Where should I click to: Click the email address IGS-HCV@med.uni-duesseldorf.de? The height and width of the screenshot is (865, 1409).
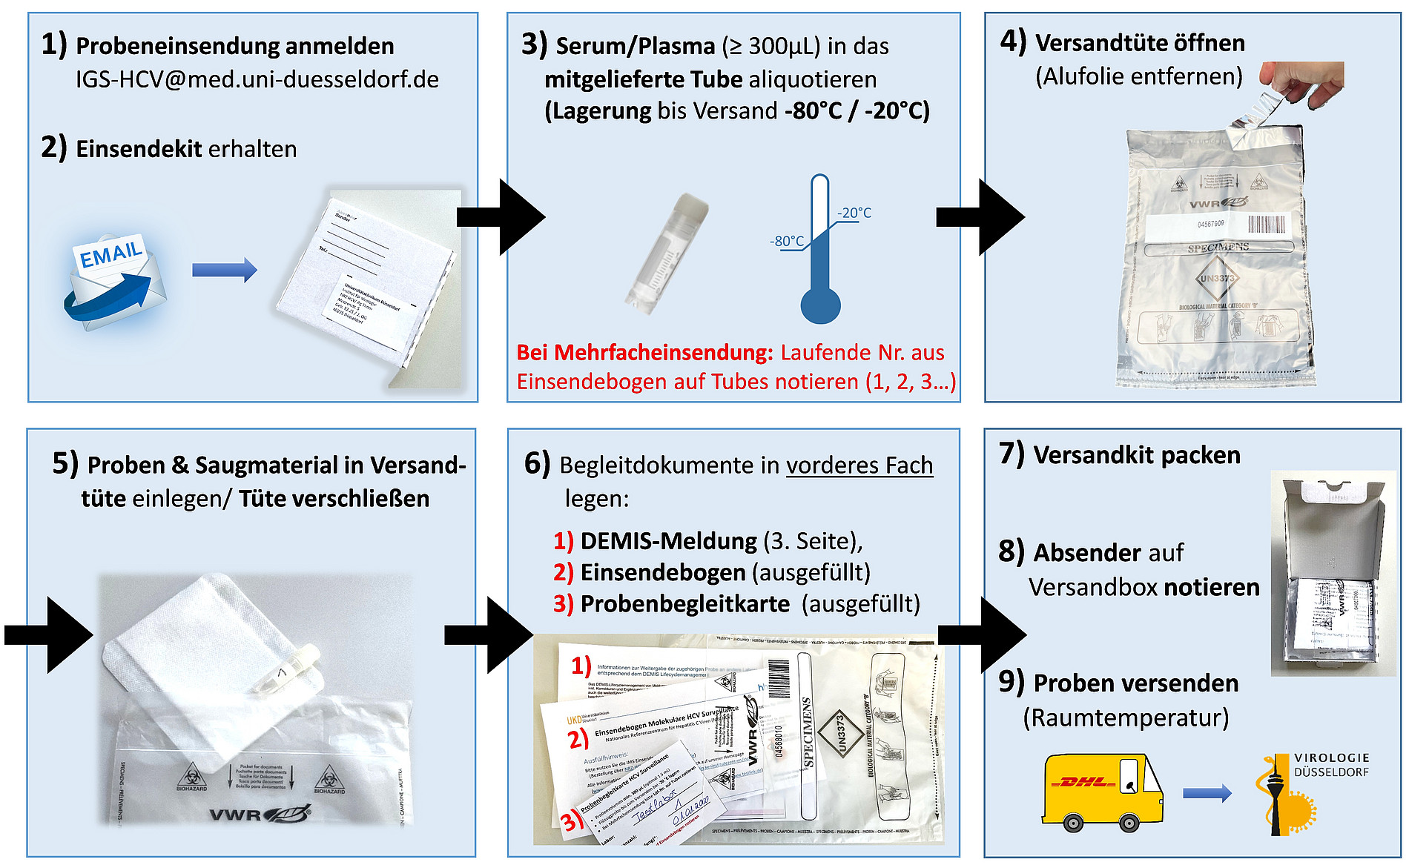257,79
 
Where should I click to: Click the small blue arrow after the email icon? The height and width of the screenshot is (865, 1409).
224,270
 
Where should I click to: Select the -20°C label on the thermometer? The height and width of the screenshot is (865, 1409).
854,213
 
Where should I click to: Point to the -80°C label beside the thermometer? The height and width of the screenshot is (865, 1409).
787,241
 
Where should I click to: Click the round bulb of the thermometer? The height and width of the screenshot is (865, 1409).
820,304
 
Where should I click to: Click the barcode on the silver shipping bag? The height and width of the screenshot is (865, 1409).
1269,224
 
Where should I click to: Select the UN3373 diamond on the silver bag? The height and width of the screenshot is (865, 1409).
1217,279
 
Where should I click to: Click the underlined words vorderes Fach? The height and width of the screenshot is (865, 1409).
859,465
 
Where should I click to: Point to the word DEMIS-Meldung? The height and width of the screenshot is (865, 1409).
668,541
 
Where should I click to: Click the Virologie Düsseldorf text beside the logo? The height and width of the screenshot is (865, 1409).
1331,765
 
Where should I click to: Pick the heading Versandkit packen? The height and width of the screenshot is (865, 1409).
1136,454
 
